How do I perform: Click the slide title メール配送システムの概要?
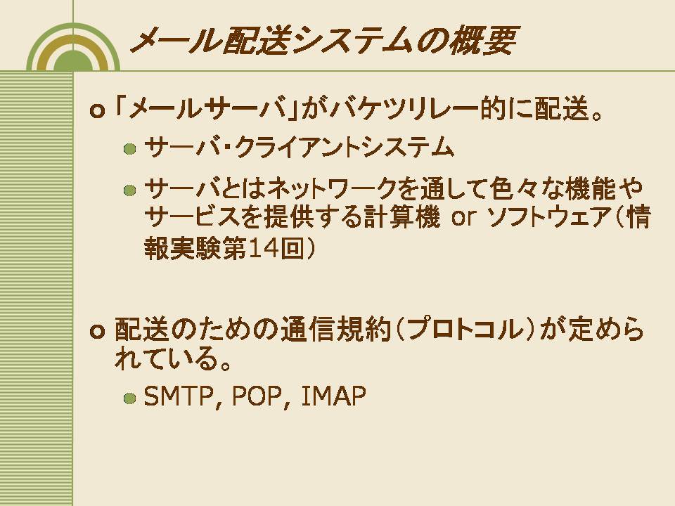click(x=323, y=41)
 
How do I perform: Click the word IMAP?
click(x=333, y=396)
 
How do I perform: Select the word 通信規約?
click(x=336, y=330)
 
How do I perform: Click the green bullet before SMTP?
click(x=129, y=398)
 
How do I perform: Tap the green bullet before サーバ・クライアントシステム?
click(x=129, y=149)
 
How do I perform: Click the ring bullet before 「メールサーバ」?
click(x=97, y=111)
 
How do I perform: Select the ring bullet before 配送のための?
click(x=97, y=332)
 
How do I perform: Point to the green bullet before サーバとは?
click(x=129, y=190)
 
